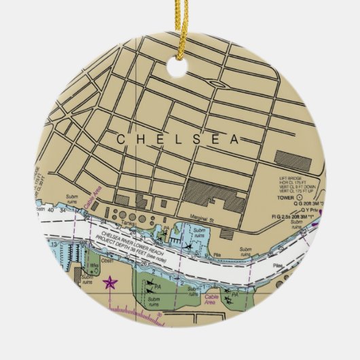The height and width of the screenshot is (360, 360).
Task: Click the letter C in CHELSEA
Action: (120, 139)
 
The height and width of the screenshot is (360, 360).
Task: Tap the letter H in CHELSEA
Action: (140, 139)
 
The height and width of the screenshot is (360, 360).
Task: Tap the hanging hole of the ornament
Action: (180, 66)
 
